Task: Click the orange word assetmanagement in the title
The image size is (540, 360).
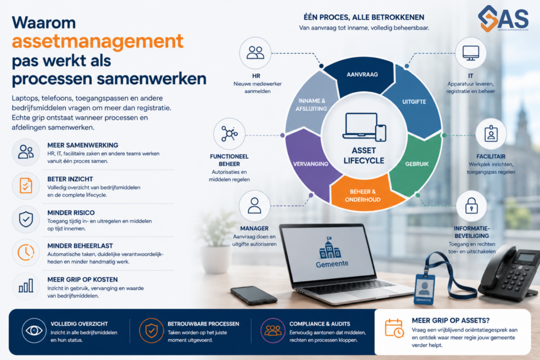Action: click(x=98, y=41)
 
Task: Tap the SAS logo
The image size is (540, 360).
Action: click(x=503, y=18)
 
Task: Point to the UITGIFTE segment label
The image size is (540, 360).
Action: click(x=414, y=102)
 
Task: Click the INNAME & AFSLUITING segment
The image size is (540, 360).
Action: click(x=311, y=103)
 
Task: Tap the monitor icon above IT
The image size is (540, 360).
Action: click(x=470, y=53)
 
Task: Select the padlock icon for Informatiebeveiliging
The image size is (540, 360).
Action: click(x=471, y=206)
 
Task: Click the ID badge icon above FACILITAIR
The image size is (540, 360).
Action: click(x=491, y=133)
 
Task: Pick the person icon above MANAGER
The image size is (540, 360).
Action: click(x=255, y=206)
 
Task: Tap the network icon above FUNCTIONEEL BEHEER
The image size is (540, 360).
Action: click(x=229, y=133)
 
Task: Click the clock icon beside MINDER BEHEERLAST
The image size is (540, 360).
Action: click(x=26, y=252)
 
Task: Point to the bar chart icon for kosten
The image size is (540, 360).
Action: click(x=26, y=286)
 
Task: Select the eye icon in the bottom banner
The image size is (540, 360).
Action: click(x=34, y=330)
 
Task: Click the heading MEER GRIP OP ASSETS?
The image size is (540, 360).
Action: click(x=450, y=320)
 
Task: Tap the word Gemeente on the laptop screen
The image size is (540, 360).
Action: click(x=332, y=264)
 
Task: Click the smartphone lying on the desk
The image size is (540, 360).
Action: click(x=254, y=295)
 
